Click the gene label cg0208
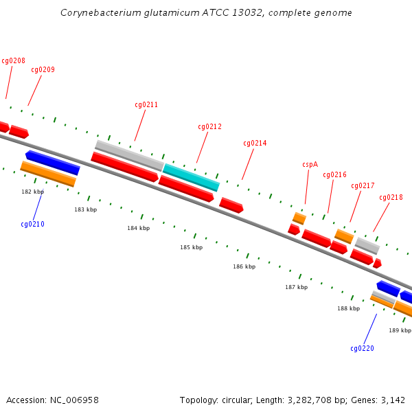point(13,60)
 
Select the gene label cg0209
point(43,69)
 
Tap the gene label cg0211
point(146,105)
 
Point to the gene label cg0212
point(209,126)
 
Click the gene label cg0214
point(255,143)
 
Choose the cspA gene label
point(310,164)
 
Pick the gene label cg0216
point(334,174)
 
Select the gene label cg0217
point(363,185)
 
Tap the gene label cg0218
point(391,197)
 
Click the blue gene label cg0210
point(32,224)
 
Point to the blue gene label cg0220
point(362,348)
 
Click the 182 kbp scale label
point(32,192)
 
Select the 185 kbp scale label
point(192,247)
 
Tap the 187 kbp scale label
point(296,287)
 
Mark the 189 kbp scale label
point(400,330)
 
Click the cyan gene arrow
point(191,177)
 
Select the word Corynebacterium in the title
point(100,12)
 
